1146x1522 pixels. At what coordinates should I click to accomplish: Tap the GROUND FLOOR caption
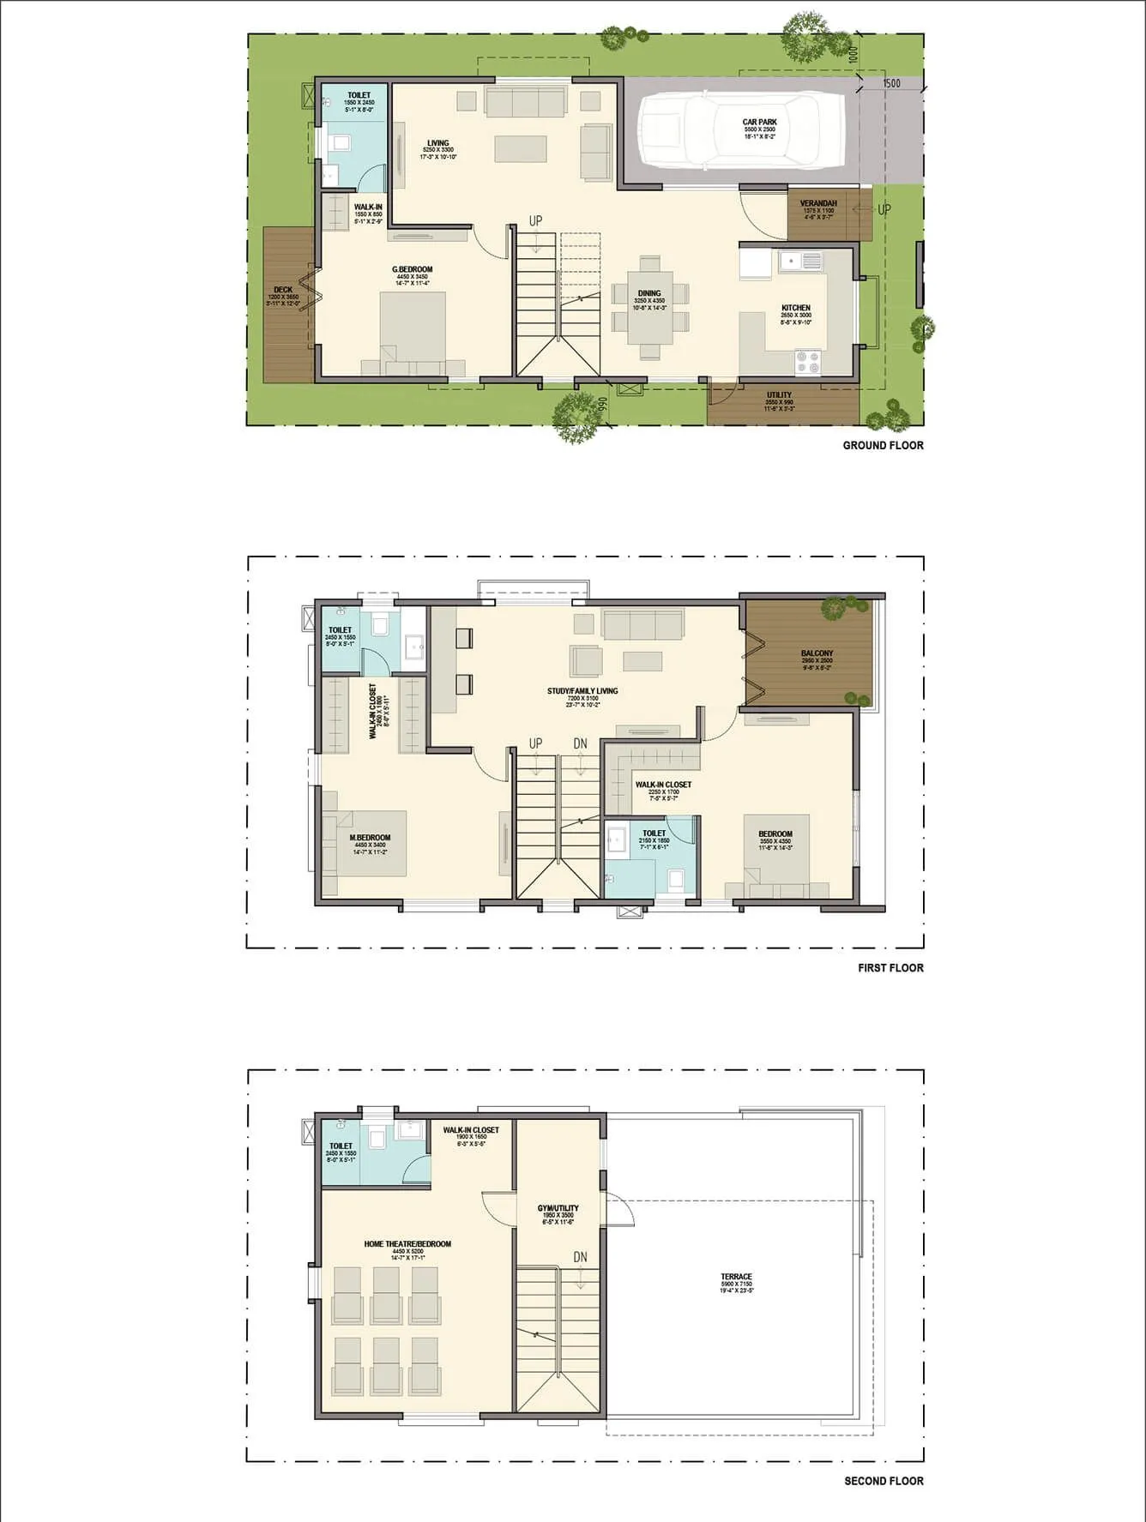tap(883, 445)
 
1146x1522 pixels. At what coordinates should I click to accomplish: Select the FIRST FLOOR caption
tap(890, 968)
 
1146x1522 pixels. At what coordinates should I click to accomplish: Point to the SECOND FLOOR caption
tap(884, 1481)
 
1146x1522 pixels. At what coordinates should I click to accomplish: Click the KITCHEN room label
tap(795, 308)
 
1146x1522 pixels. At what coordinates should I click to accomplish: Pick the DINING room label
tap(649, 293)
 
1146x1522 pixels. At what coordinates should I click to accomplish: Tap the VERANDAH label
tap(817, 203)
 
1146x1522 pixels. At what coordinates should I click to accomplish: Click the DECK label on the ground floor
tap(282, 290)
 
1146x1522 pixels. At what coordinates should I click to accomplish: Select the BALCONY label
tap(817, 653)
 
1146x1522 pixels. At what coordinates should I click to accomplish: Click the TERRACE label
tap(736, 1277)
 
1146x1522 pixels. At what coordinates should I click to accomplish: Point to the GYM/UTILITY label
tap(558, 1208)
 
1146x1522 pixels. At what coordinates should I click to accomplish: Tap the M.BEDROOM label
tap(370, 838)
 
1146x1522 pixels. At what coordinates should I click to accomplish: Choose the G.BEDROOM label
tap(412, 269)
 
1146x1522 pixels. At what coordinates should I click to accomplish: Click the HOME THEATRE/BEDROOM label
tap(407, 1244)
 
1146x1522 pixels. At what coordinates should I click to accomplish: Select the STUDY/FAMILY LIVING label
tap(582, 690)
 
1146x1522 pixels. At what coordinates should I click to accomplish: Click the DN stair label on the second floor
tap(581, 1257)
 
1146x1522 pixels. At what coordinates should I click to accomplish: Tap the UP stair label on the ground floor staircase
tap(535, 221)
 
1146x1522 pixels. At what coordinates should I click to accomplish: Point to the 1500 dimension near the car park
tap(891, 83)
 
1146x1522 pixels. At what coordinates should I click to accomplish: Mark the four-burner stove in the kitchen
tap(808, 362)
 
